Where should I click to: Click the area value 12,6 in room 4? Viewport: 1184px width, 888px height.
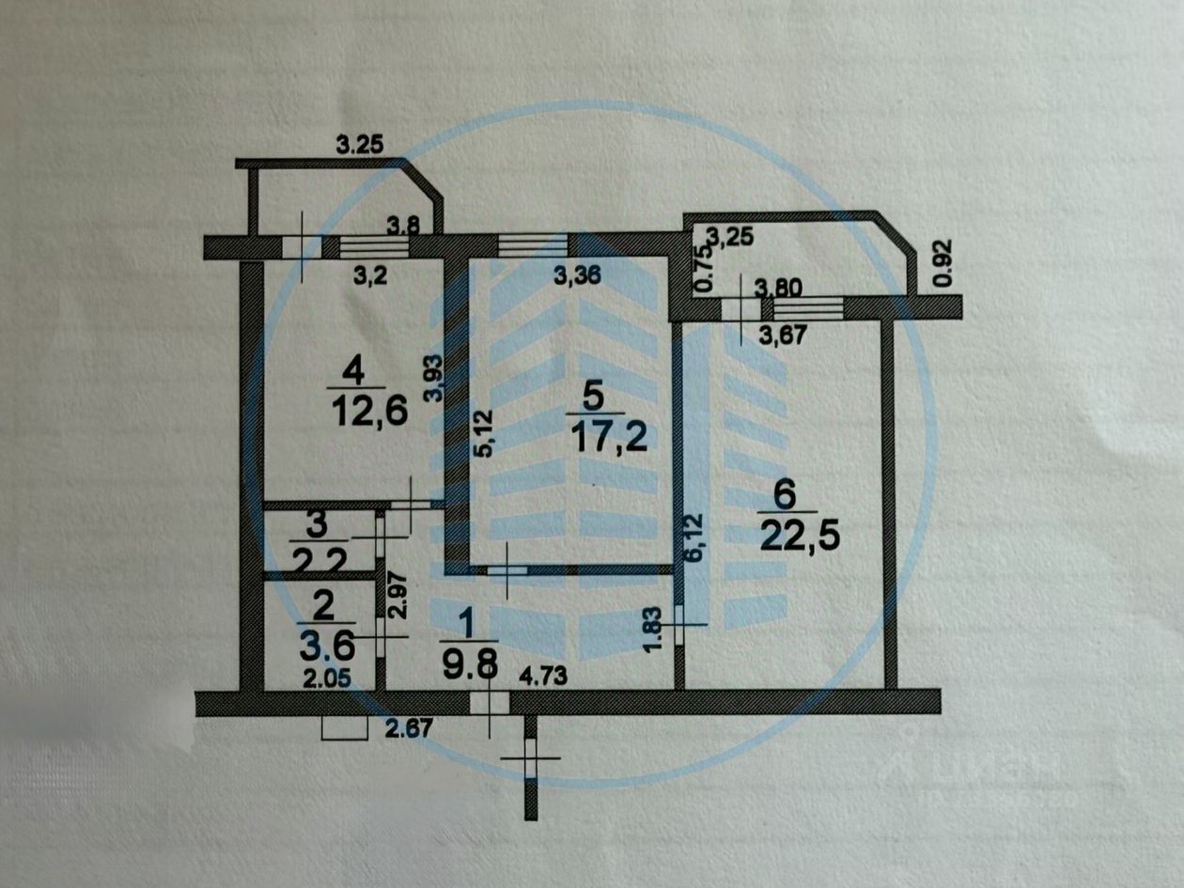pyautogui.click(x=368, y=412)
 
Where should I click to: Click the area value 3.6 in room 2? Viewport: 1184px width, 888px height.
pyautogui.click(x=326, y=647)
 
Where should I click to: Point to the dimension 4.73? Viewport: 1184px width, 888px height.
pyautogui.click(x=545, y=674)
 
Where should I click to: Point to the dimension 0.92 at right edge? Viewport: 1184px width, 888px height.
pyautogui.click(x=944, y=264)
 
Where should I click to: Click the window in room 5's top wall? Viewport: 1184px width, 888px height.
pyautogui.click(x=533, y=245)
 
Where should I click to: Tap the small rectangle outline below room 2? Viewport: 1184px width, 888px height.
pyautogui.click(x=344, y=728)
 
